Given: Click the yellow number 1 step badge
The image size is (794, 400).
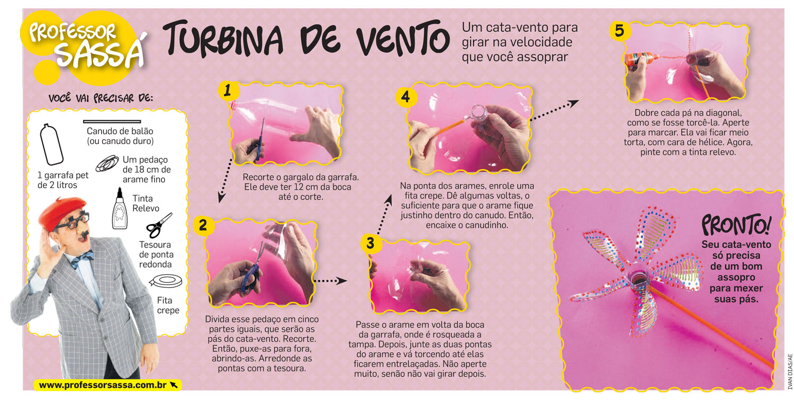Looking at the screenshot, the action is (x=228, y=91).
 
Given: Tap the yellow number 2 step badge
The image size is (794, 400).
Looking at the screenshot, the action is (x=203, y=225).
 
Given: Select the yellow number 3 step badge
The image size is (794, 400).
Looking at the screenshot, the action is (x=371, y=244).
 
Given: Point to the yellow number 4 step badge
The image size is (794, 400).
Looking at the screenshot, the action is (x=405, y=97).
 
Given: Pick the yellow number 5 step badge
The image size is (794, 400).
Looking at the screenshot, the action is (x=620, y=31).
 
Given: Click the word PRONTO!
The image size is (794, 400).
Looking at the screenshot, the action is (x=736, y=225).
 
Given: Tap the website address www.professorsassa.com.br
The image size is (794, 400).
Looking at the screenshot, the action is (x=103, y=385).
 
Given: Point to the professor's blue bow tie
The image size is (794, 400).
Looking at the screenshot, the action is (x=82, y=259).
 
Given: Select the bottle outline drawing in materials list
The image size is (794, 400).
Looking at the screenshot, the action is (x=51, y=145).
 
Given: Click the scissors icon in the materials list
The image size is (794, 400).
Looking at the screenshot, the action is (x=159, y=225).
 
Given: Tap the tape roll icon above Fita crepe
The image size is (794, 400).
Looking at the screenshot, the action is (x=166, y=281).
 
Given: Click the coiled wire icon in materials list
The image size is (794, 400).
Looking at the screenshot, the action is (x=107, y=163).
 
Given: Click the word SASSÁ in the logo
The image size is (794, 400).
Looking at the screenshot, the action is (x=100, y=52).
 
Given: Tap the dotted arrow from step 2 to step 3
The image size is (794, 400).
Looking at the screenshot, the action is (x=330, y=281).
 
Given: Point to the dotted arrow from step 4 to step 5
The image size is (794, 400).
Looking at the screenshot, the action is (x=555, y=110).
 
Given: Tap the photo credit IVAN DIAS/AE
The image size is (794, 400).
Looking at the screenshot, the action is (x=790, y=371).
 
